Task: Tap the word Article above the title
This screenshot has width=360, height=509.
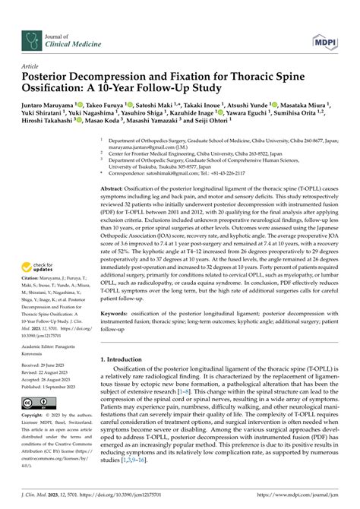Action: pos(30,65)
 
